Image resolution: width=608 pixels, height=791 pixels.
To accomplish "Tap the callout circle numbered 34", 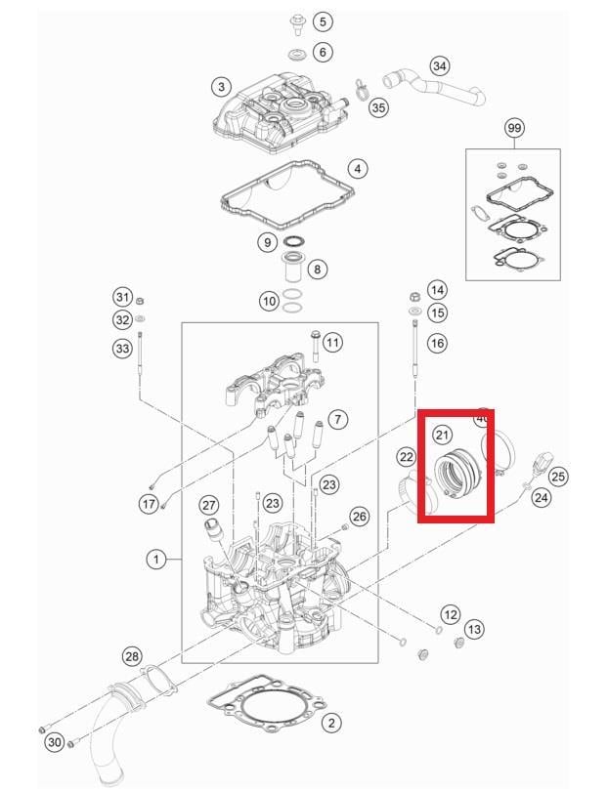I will (440, 66).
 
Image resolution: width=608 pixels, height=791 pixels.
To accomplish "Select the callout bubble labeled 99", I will (514, 128).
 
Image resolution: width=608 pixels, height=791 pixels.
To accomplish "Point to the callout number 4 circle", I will (358, 169).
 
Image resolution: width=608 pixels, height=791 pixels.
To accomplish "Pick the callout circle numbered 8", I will (317, 269).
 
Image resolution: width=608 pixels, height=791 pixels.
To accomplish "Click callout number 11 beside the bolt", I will (333, 342).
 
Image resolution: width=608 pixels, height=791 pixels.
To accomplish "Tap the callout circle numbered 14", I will (436, 290).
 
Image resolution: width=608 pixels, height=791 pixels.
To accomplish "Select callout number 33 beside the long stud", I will (122, 348).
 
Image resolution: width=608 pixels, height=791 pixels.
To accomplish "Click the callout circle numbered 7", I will (336, 419).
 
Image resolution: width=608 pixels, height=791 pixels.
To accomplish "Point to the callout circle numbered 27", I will (209, 504).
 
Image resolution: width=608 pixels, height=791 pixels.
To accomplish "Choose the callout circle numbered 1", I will (155, 560).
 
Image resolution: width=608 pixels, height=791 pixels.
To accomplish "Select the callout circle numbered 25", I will (557, 477).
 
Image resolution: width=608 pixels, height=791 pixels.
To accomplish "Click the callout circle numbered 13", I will (474, 629).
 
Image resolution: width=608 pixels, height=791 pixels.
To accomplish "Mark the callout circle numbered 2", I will (332, 723).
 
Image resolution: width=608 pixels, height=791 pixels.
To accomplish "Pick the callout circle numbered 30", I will (56, 743).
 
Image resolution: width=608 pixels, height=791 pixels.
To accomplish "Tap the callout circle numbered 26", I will (360, 516).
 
